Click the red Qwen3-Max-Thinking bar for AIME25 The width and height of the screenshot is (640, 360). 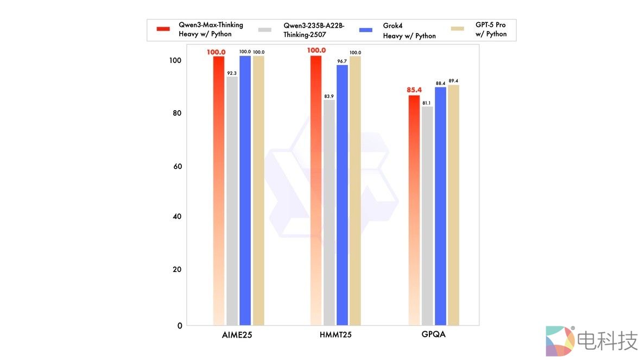click(x=219, y=190)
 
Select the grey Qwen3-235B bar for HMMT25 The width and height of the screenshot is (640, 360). click(x=329, y=212)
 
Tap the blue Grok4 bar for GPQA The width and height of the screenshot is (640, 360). click(x=441, y=206)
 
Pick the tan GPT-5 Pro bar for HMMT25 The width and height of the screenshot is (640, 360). click(x=355, y=190)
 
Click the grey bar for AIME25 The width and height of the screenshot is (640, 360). click(x=232, y=201)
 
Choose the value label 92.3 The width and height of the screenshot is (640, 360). click(x=232, y=73)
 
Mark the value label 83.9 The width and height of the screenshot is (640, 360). click(x=329, y=96)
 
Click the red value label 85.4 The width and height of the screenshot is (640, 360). click(x=414, y=90)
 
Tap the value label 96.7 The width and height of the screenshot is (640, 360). click(x=342, y=61)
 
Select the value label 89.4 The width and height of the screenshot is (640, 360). click(x=454, y=81)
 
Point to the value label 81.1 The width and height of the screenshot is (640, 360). click(x=427, y=103)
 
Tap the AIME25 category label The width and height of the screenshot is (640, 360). click(x=237, y=335)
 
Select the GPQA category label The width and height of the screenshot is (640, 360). click(x=434, y=334)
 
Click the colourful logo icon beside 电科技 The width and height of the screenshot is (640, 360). click(x=560, y=340)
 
